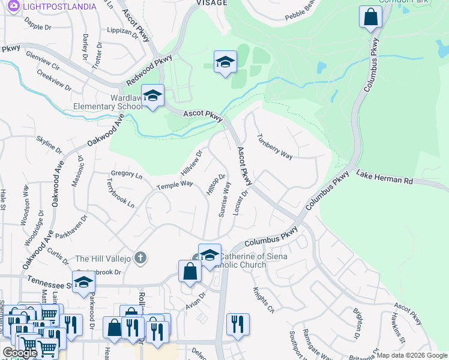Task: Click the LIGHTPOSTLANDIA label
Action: (59, 7)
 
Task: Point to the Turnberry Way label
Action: (274, 146)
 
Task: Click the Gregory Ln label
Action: (127, 175)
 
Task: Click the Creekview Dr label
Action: (53, 80)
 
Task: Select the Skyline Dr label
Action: (49, 144)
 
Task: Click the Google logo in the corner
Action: (20, 352)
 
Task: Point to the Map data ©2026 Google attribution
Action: (412, 355)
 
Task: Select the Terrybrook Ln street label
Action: (121, 193)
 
